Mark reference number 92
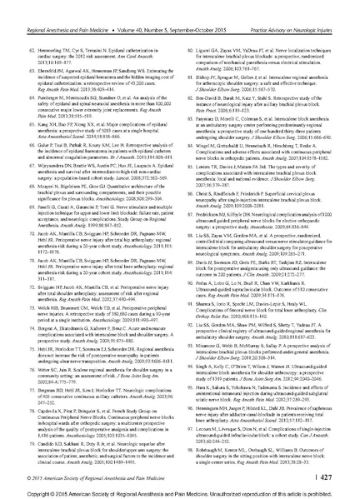coord(187,314)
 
